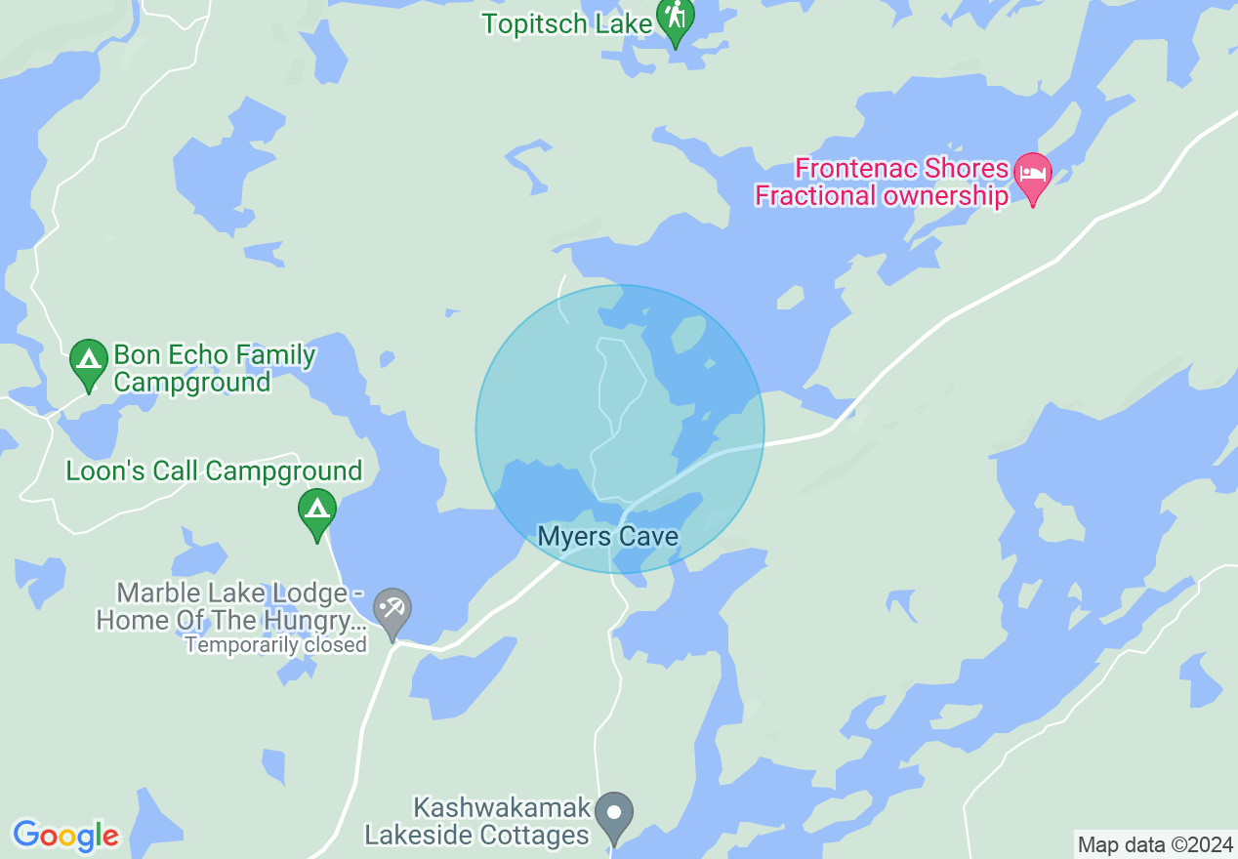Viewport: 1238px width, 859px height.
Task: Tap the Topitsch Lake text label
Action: click(560, 23)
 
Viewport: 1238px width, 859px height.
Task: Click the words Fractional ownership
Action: click(882, 196)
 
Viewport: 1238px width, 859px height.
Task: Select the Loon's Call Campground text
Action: click(214, 471)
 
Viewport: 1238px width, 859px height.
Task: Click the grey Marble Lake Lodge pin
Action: click(392, 612)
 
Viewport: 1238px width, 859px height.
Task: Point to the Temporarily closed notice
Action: click(276, 645)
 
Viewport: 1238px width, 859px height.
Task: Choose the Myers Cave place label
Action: click(607, 537)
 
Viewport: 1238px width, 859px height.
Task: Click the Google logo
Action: click(65, 837)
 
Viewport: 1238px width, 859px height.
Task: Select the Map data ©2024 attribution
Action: click(1154, 844)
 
